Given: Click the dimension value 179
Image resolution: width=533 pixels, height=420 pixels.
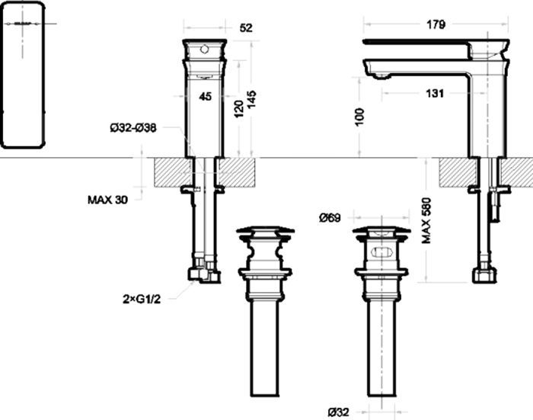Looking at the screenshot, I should (x=436, y=24).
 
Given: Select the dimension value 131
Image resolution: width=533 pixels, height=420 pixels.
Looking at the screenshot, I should (x=435, y=94).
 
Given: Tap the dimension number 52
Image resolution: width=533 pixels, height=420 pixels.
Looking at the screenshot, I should (x=245, y=28).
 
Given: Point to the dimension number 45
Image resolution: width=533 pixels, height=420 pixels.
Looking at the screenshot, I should (x=205, y=96).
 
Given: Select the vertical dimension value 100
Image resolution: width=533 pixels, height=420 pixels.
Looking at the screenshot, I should (x=360, y=117).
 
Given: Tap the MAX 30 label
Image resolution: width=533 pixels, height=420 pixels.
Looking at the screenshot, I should (x=107, y=200).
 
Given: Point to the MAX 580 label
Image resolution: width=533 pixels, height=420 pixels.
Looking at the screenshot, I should (x=427, y=220).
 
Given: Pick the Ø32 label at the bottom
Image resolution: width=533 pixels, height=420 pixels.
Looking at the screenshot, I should (x=338, y=412).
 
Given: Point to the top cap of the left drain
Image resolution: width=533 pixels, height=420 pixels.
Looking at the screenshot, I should (x=263, y=230).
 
